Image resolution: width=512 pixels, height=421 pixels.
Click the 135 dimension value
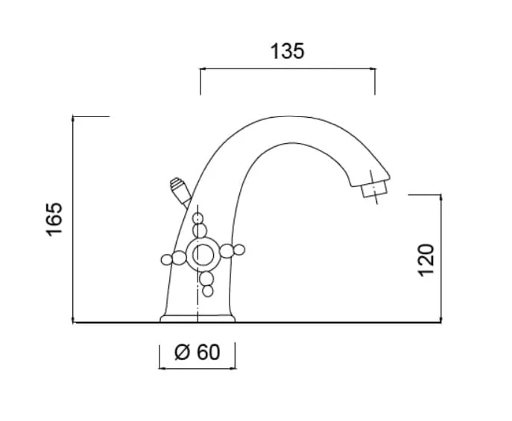(288, 51)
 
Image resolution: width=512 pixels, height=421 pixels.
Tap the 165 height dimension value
(54, 219)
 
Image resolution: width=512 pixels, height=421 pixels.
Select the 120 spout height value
(426, 260)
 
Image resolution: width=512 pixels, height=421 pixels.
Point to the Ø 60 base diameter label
(197, 352)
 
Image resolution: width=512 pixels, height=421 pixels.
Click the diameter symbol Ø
(182, 352)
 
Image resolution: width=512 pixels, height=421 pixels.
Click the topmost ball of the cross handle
(198, 218)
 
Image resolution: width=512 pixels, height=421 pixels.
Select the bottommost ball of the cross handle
(208, 291)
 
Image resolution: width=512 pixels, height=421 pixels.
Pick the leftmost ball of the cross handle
(166, 260)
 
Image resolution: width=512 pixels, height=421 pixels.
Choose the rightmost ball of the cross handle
(239, 250)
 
